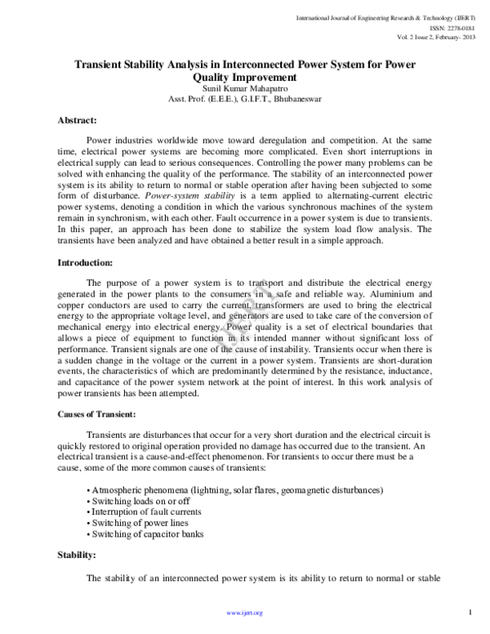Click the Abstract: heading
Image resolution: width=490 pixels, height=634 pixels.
point(80,120)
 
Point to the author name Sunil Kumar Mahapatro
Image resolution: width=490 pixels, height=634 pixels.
point(243,89)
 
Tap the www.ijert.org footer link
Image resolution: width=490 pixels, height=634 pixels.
point(244,612)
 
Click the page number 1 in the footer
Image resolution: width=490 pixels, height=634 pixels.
point(472,611)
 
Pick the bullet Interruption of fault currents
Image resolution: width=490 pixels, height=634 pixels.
point(142,512)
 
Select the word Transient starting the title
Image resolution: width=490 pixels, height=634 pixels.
point(100,65)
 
